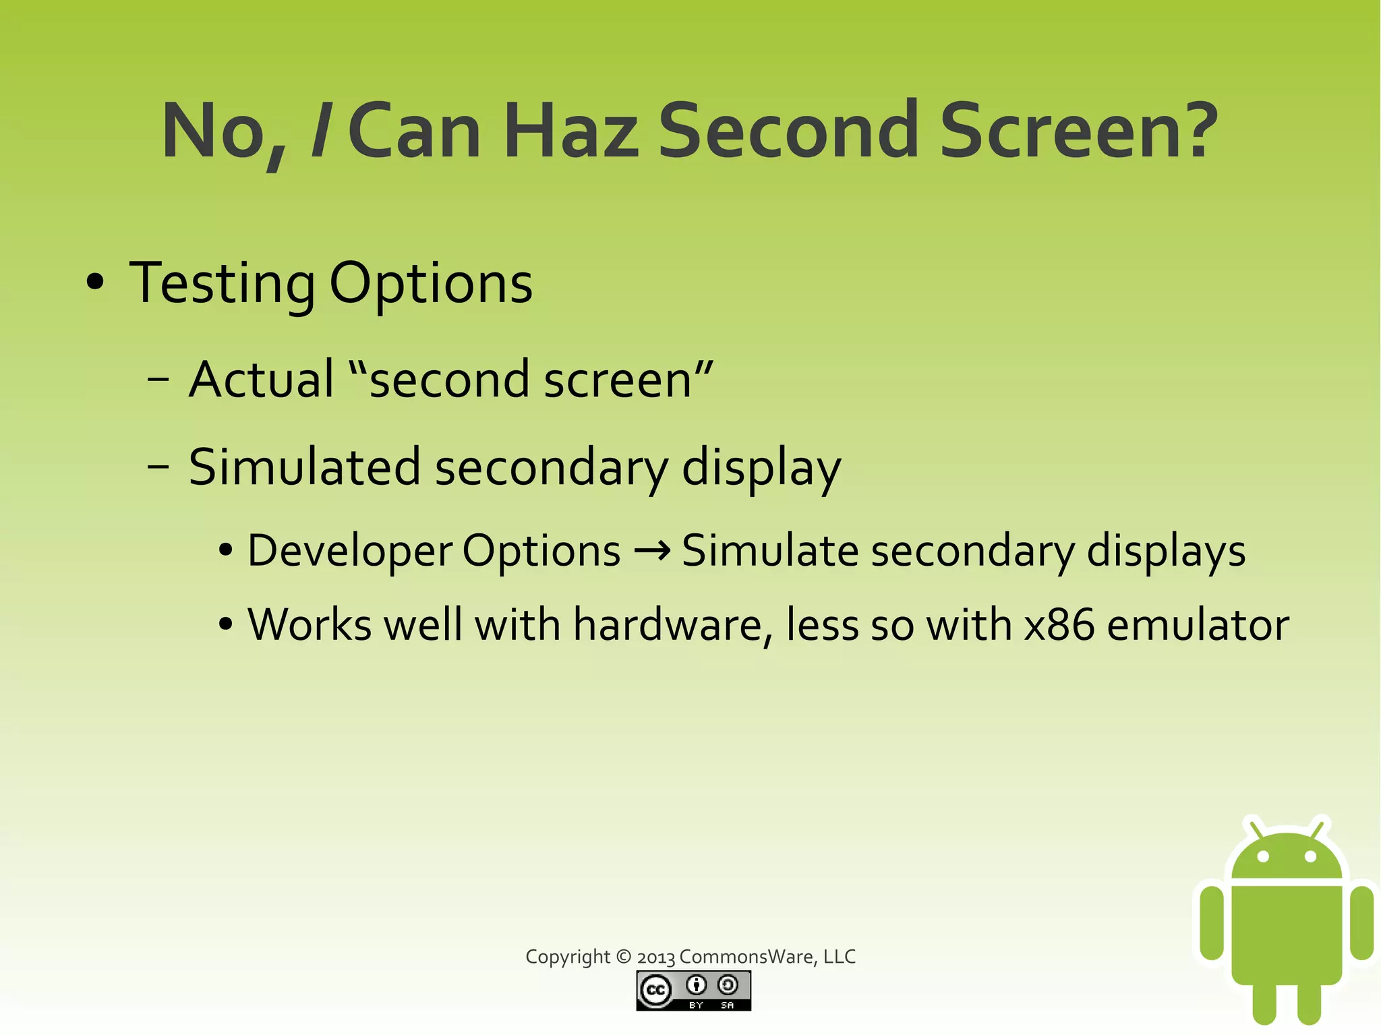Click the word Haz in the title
click(571, 131)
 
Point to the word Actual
click(262, 380)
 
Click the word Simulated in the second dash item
click(304, 467)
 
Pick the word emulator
click(1198, 625)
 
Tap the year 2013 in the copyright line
click(655, 957)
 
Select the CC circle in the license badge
click(655, 990)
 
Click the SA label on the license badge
click(727, 1005)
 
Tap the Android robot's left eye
click(1264, 857)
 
